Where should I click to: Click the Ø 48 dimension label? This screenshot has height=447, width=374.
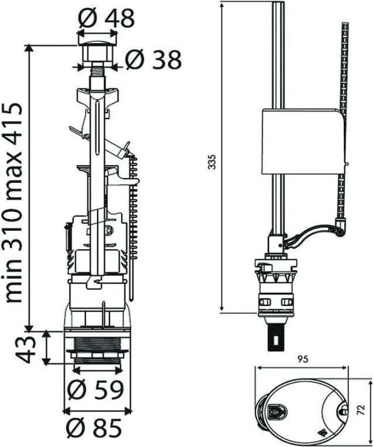(x=106, y=19)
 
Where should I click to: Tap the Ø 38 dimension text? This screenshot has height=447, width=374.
(x=153, y=60)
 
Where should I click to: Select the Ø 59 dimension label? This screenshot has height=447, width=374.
(x=96, y=390)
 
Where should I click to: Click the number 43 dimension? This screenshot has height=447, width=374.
(x=25, y=349)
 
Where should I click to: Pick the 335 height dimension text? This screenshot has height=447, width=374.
(x=212, y=162)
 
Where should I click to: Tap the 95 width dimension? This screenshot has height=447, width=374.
(x=302, y=359)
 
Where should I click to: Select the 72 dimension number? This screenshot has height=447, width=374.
(x=361, y=410)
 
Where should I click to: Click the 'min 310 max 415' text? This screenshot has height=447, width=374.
(x=14, y=203)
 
